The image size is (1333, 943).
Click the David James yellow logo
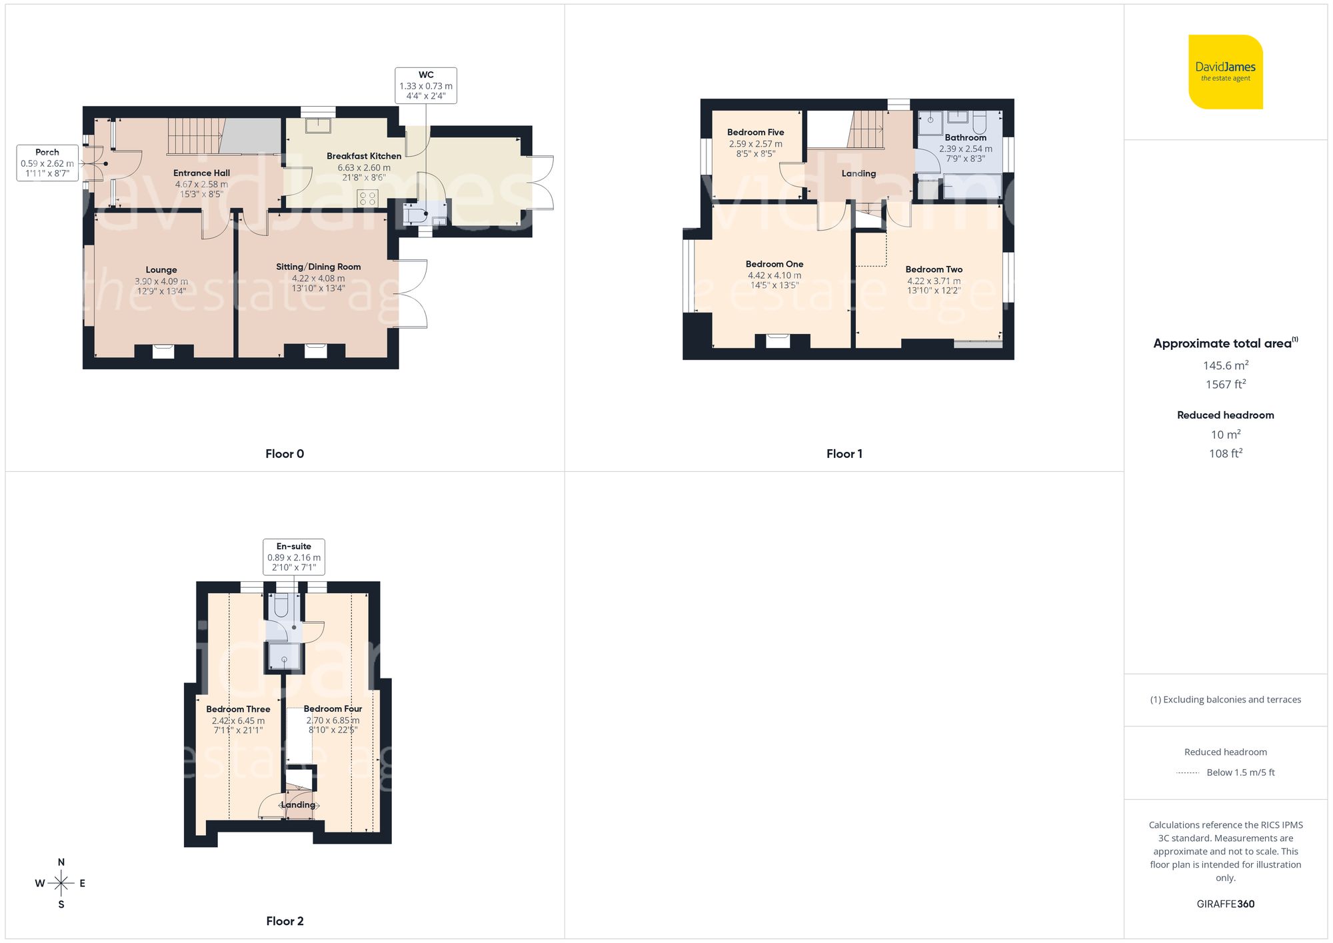click(x=1225, y=72)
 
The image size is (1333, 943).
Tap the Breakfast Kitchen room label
click(x=364, y=156)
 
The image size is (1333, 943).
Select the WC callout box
click(x=426, y=85)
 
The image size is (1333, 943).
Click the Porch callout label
click(x=47, y=163)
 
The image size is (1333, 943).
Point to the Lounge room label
click(x=161, y=270)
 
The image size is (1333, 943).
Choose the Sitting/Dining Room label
click(x=319, y=267)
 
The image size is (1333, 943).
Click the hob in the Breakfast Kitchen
click(x=368, y=198)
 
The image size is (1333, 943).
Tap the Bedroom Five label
click(x=755, y=132)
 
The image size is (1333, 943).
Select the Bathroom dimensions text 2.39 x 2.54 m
click(x=965, y=149)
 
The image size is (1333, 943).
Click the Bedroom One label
click(x=774, y=264)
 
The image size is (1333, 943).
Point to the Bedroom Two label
click(x=934, y=269)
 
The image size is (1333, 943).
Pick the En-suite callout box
click(x=294, y=556)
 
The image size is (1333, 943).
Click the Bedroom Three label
click(x=238, y=709)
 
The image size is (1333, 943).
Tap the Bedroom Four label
click(x=333, y=708)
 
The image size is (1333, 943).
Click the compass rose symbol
click(x=61, y=883)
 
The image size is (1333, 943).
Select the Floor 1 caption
click(x=844, y=454)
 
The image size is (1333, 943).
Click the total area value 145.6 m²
click(x=1225, y=365)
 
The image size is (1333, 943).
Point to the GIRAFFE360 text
click(x=1225, y=904)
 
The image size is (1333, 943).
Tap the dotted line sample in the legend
click(x=1188, y=773)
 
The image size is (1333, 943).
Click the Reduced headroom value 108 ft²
click(x=1225, y=453)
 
